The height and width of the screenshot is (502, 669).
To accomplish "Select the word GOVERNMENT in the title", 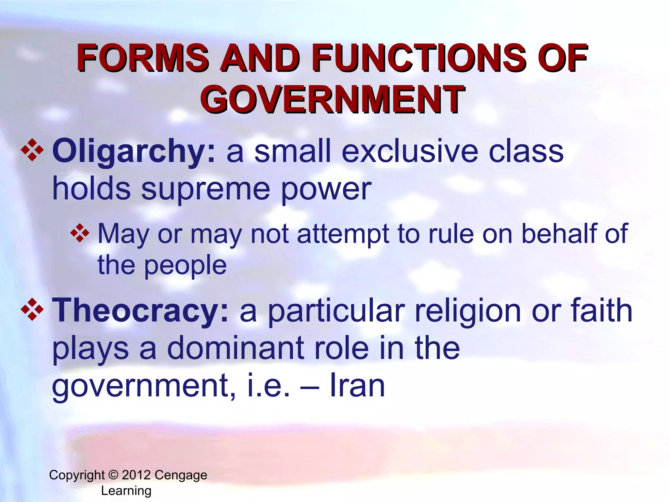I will [332, 99].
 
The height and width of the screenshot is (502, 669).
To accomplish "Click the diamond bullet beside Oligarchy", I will [32, 150].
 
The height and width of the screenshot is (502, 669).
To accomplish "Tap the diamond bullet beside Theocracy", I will [32, 309].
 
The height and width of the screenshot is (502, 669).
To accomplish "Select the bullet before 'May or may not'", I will [80, 233].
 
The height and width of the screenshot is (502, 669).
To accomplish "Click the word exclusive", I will [410, 151].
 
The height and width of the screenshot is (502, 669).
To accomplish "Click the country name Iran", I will [357, 386].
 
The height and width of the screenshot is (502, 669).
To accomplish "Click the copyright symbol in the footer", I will [113, 475].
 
